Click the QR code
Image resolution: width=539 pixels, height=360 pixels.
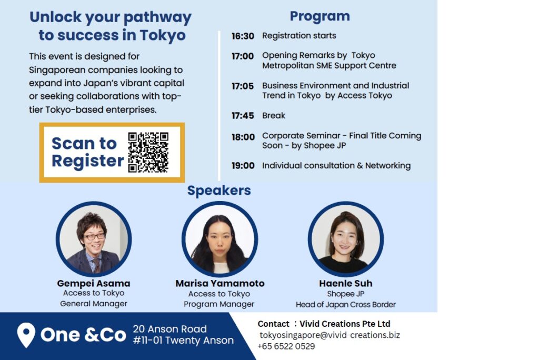tap(148, 152)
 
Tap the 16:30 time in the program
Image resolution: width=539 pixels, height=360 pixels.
tap(243, 36)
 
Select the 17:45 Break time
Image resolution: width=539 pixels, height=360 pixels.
tap(243, 116)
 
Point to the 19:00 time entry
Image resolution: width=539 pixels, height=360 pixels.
tap(243, 166)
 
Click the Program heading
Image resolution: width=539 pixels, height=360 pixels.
tap(320, 16)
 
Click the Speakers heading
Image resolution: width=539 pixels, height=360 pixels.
tap(219, 191)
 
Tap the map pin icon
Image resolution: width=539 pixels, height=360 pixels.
tap(26, 335)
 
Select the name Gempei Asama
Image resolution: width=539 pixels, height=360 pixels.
tap(94, 283)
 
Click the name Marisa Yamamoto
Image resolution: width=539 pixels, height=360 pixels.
tap(219, 283)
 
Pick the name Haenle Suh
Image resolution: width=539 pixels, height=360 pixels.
tap(345, 283)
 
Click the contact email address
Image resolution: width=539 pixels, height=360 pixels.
tap(330, 335)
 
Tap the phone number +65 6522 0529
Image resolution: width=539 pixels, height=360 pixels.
tap(286, 346)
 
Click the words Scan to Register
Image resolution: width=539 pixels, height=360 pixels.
tap(87, 152)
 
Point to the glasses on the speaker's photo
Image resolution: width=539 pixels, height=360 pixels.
tap(94, 236)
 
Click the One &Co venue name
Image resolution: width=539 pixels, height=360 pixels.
tap(83, 335)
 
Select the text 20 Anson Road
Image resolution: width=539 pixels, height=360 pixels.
tap(170, 329)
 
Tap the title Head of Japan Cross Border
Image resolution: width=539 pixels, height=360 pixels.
tap(345, 305)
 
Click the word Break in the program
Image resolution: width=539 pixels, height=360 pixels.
tap(274, 116)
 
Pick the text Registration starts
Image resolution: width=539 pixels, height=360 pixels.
tap(299, 36)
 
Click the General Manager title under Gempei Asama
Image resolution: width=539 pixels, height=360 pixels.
tap(94, 304)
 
